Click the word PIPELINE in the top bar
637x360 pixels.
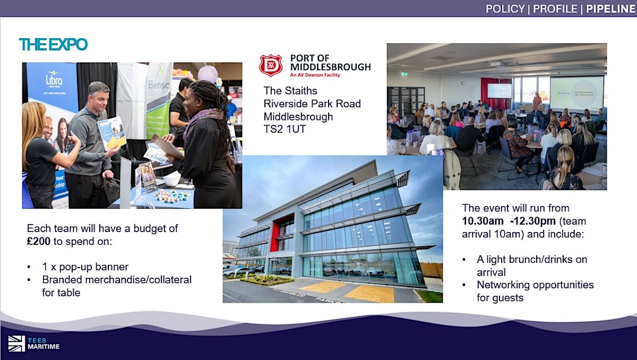tap(611, 9)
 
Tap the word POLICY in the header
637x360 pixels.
tap(505, 9)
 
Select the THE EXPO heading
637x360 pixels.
tap(53, 45)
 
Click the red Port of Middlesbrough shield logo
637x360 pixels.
tap(271, 66)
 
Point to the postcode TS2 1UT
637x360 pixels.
tap(285, 129)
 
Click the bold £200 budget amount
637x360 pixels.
tap(38, 241)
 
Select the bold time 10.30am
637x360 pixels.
tap(483, 221)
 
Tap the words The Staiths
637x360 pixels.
tap(290, 91)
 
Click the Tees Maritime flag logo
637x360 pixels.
tap(16, 344)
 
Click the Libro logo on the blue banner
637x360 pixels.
tap(54, 80)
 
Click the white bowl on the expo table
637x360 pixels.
tap(172, 179)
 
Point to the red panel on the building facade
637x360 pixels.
tap(275, 237)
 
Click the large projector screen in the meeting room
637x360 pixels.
tap(576, 94)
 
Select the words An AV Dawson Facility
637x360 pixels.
tap(315, 75)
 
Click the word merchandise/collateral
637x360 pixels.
tap(139, 280)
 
